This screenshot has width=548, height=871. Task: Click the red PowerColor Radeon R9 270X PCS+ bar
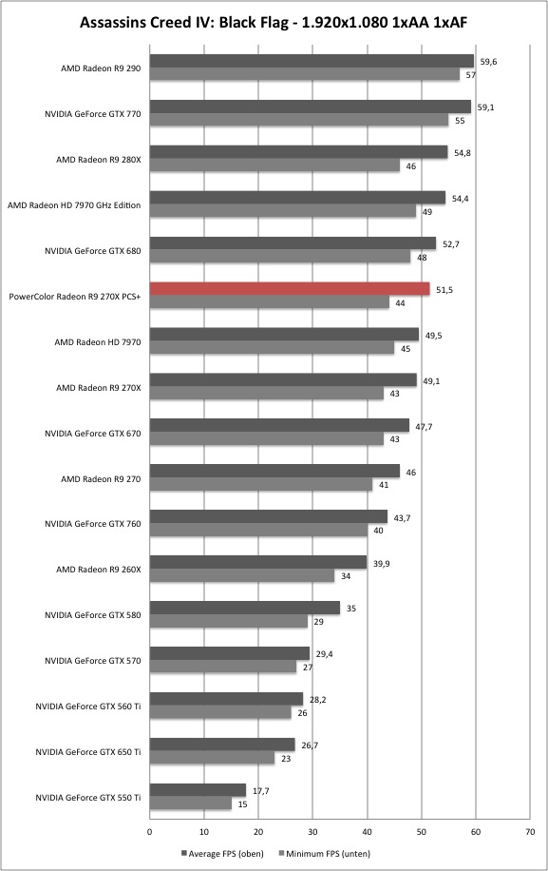coord(290,289)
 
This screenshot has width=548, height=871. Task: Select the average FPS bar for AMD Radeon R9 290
coord(312,61)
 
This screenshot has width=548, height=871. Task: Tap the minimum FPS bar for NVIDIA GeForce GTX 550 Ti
coord(190,803)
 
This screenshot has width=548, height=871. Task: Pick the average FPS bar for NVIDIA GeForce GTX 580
coord(245,608)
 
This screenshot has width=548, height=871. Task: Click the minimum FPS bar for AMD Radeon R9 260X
coord(242,575)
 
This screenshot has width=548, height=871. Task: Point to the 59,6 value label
coord(488,62)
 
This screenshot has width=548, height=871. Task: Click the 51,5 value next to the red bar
coord(444,290)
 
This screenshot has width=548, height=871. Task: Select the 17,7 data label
coord(260,791)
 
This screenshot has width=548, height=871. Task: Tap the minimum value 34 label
coord(346,576)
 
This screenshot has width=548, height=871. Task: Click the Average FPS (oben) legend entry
coord(222,853)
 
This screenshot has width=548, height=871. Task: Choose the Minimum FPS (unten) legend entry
coord(324,853)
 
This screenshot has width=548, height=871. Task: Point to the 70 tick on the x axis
coord(530,832)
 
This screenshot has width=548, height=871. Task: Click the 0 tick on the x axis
coord(149,832)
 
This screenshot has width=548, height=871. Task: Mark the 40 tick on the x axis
coord(367,832)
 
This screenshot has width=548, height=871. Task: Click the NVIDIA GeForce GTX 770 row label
coord(93,114)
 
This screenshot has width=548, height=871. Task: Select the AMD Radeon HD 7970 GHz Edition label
coord(74,205)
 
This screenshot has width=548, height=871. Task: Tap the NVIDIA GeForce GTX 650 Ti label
coord(87,752)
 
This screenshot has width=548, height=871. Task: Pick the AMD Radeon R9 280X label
coord(98,160)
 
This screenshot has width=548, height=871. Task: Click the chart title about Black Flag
coord(274,22)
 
